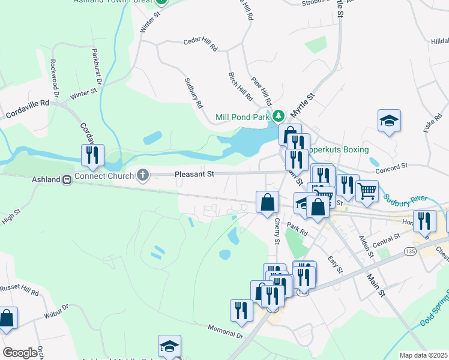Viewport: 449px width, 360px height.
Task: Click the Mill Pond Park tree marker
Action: pos(278,116)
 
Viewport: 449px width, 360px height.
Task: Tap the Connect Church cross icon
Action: pos(142,175)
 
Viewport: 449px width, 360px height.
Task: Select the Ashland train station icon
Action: pos(68,179)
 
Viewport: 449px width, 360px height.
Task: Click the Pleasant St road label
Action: pos(194,175)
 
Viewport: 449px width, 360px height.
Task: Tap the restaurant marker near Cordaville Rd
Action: pos(92,155)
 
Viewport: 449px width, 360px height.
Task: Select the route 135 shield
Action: pos(411,250)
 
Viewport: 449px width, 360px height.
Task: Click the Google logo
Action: pos(20,353)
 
